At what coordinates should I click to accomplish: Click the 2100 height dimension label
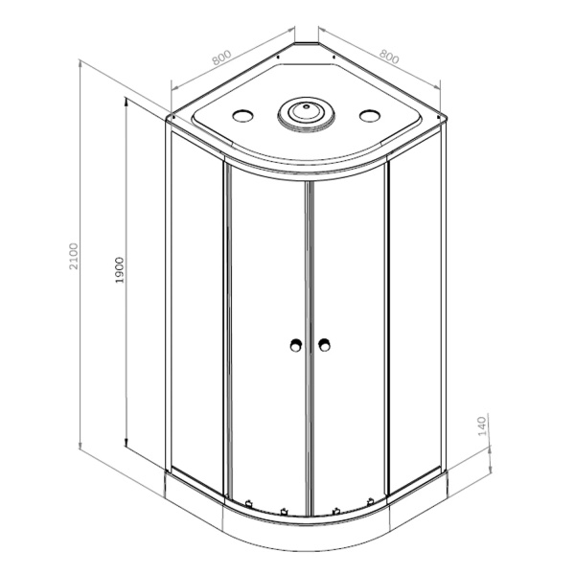(74, 256)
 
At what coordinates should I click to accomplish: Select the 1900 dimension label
(120, 270)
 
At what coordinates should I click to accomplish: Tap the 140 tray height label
(482, 426)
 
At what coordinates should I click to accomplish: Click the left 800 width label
(222, 57)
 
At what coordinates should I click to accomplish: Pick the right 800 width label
(389, 57)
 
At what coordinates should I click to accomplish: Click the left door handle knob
(295, 345)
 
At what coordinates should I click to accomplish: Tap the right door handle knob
(324, 345)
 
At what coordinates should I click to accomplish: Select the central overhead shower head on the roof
(307, 112)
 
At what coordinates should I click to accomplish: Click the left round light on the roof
(242, 116)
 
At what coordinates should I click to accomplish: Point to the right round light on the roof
(370, 116)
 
